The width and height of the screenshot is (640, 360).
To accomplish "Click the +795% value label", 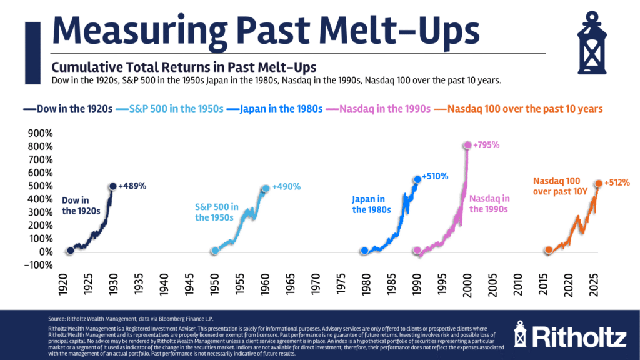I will tap(487, 145).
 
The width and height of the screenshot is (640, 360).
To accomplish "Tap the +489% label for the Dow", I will tap(132, 186).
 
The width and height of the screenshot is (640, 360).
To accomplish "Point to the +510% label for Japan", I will tap(435, 176).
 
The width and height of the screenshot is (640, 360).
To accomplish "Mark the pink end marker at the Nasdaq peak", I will tap(467, 145).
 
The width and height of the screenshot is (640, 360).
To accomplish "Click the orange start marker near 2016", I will tap(549, 250).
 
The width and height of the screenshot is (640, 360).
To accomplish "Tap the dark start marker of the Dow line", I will tap(70, 251).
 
